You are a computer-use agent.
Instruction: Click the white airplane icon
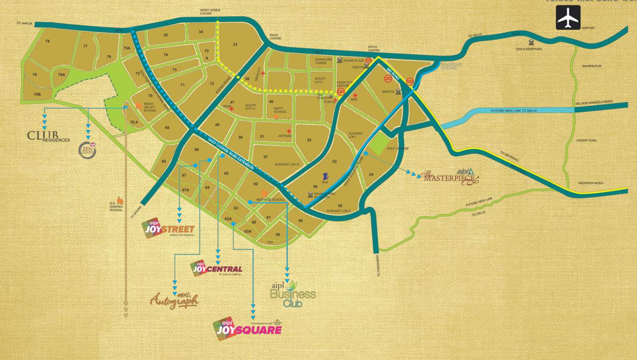(568, 18)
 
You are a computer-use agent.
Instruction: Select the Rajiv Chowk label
(274, 37)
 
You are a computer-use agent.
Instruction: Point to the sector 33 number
(235, 44)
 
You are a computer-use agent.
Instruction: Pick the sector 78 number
(47, 41)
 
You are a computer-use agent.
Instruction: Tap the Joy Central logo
(216, 268)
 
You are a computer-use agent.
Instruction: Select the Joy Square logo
(247, 328)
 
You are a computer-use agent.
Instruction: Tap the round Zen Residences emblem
(88, 151)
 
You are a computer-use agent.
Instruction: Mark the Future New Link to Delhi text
(514, 111)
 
